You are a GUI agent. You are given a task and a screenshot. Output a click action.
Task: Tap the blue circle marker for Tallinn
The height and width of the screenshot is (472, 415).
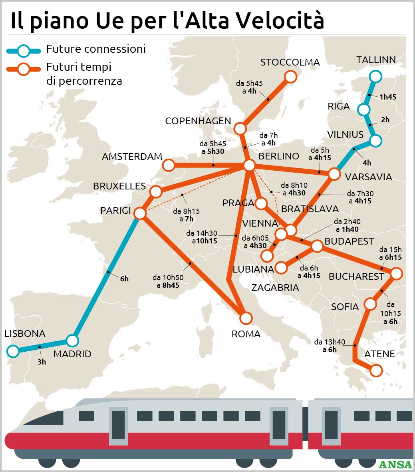click(375, 76)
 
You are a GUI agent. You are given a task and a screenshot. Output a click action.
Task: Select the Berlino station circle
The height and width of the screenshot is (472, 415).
click(249, 165)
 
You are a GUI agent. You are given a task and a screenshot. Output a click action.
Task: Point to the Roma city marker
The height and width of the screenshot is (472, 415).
click(246, 318)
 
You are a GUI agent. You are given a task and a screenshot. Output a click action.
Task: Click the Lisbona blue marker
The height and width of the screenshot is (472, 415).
click(13, 351)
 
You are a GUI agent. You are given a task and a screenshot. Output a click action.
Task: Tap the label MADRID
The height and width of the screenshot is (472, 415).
click(72, 354)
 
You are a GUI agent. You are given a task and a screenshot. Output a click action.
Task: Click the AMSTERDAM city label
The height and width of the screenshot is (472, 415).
click(132, 157)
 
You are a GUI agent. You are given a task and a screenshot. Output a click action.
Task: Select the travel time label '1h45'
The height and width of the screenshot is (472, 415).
click(388, 97)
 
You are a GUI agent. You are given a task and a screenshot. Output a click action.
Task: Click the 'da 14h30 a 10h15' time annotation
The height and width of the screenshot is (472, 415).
click(202, 237)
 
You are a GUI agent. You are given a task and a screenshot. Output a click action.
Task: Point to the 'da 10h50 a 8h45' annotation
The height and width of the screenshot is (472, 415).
click(168, 281)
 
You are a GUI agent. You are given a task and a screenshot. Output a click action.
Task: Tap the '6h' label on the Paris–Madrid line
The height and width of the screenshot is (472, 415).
click(124, 279)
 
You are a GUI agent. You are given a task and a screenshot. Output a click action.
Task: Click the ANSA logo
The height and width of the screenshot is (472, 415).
click(395, 464)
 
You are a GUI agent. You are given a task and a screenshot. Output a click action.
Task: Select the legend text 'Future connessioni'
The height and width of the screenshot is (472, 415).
click(96, 49)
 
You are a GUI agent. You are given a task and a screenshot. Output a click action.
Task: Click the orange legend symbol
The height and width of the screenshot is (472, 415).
click(24, 69)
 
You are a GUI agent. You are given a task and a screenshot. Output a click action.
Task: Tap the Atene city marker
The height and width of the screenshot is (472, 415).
click(376, 370)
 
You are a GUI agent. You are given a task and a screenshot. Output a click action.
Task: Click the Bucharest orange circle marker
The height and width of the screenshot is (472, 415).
click(396, 274)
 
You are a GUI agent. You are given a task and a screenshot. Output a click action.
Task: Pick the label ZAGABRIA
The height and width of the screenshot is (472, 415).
click(275, 287)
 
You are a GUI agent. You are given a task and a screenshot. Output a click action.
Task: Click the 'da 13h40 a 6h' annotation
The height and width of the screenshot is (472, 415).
click(330, 346)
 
